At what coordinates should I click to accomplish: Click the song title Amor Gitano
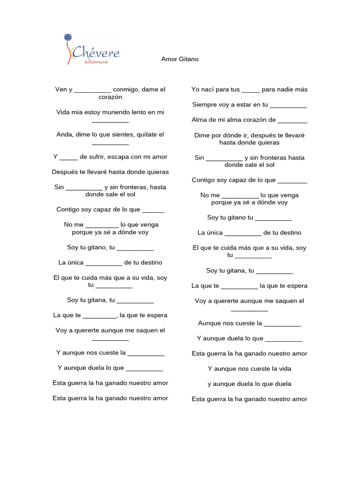click(x=180, y=59)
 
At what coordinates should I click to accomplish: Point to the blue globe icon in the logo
click(x=68, y=38)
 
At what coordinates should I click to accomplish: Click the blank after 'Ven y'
click(x=92, y=90)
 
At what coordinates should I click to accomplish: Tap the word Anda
click(x=64, y=135)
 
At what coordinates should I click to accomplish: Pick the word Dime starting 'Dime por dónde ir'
click(x=202, y=135)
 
